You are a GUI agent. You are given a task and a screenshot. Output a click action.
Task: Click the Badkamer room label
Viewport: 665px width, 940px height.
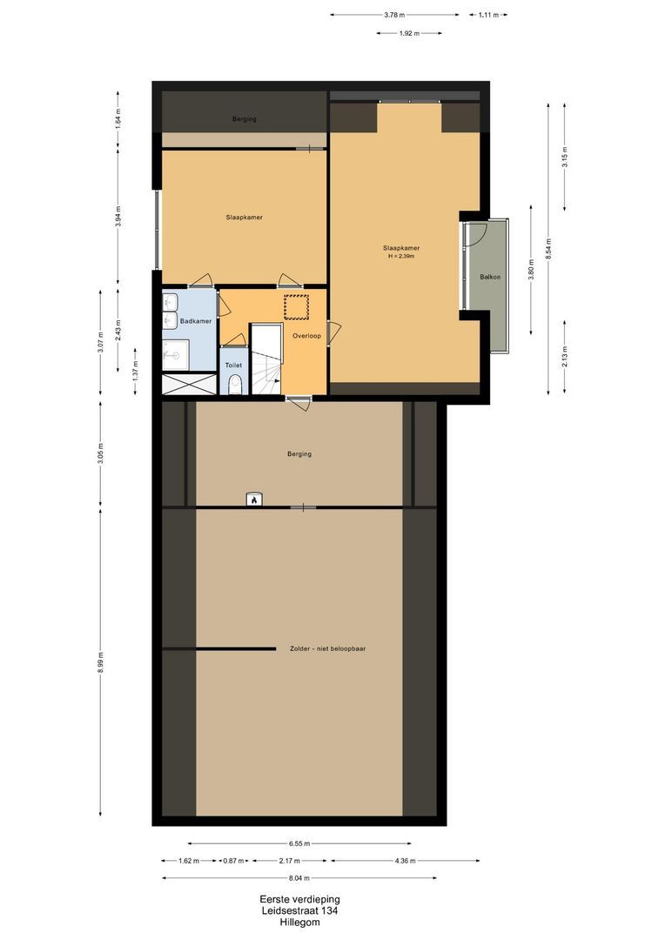coord(196,322)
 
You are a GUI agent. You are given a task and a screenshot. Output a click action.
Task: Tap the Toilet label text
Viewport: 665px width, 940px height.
coord(232,366)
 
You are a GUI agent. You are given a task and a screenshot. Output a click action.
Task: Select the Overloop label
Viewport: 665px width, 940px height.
coord(307,335)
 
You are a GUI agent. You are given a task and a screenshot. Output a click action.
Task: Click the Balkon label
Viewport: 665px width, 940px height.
coord(489,278)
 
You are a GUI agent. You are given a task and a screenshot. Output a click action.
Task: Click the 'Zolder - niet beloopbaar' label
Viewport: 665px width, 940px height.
coord(327,648)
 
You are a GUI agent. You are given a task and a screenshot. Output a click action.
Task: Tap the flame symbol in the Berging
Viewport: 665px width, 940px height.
coord(253,500)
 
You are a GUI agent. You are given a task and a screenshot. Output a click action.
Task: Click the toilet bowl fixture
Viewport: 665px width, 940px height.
coord(234,386)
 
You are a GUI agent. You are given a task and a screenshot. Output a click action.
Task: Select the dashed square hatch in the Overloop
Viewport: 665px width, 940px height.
coord(297,307)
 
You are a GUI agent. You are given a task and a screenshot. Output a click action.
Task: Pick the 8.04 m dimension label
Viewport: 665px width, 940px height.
coord(299,878)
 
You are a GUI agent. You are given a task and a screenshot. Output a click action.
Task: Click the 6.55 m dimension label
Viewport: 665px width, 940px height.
coord(299,843)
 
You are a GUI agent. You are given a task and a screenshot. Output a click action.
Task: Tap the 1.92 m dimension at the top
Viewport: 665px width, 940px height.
coord(409,33)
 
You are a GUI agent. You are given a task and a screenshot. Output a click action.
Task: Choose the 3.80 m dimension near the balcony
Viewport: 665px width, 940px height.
coord(531,269)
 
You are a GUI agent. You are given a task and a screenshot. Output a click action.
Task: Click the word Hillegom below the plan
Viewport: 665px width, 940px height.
coord(299,923)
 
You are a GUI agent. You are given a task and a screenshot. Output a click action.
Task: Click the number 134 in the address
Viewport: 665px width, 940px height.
coord(328,911)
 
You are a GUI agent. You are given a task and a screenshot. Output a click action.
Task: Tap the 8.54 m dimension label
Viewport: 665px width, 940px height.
coord(547,247)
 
